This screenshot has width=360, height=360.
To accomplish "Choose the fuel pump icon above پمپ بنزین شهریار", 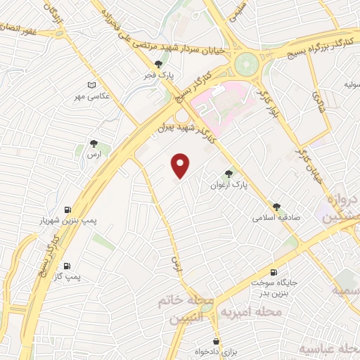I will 67,210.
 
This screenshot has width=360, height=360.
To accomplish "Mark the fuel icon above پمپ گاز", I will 67,266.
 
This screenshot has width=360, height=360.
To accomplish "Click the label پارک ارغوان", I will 229,185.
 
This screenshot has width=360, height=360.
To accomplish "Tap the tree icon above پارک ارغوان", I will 228,174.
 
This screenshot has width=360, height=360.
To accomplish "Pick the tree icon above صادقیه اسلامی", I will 277,207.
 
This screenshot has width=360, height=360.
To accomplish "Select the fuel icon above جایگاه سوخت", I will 274,272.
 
